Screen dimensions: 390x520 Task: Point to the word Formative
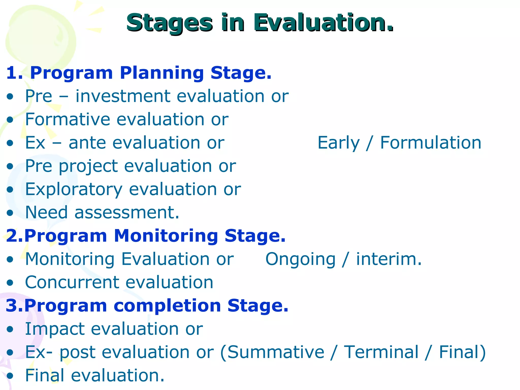tap(68, 119)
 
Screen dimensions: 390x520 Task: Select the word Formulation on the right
tap(431, 143)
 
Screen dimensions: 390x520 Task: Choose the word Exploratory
tap(74, 189)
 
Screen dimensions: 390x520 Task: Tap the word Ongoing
tap(300, 259)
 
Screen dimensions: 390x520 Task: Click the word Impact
tap(54, 329)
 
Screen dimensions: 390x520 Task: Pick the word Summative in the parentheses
tap(275, 352)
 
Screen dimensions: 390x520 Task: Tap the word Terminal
tap(381, 352)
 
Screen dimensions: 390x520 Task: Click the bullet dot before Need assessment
tap(10, 213)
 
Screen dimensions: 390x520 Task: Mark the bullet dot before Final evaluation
tap(10, 376)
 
